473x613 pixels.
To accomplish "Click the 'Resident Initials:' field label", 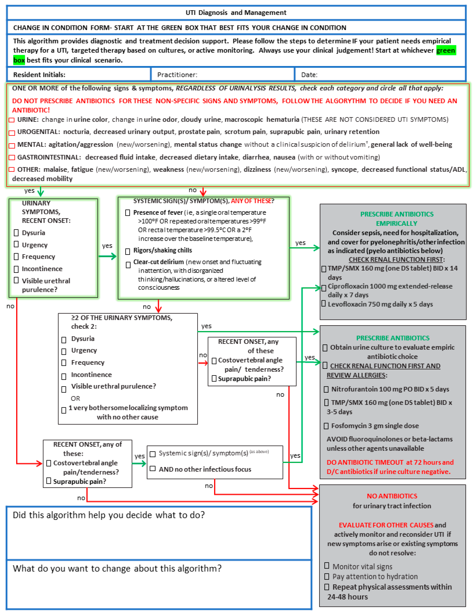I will pyautogui.click(x=39, y=75).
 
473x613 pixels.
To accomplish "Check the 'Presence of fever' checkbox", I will pyautogui.click(x=127, y=213).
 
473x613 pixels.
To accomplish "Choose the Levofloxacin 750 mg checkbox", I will pyautogui.click(x=324, y=304).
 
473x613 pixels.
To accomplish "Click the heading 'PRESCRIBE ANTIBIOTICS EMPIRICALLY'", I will pyautogui.click(x=397, y=219).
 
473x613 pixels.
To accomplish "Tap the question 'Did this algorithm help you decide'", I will pyautogui.click(x=109, y=515).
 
